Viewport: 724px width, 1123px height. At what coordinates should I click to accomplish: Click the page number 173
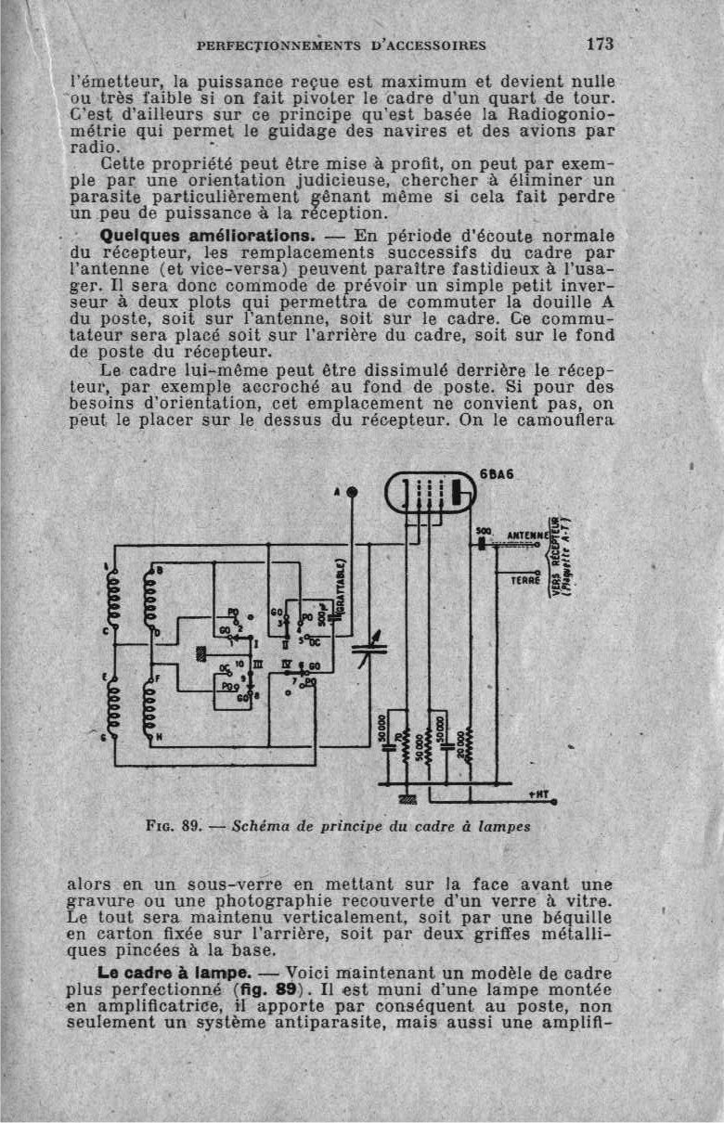[601, 44]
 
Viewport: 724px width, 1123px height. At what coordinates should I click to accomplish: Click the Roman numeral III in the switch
[258, 665]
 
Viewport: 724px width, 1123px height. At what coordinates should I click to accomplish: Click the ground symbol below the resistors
[406, 798]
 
